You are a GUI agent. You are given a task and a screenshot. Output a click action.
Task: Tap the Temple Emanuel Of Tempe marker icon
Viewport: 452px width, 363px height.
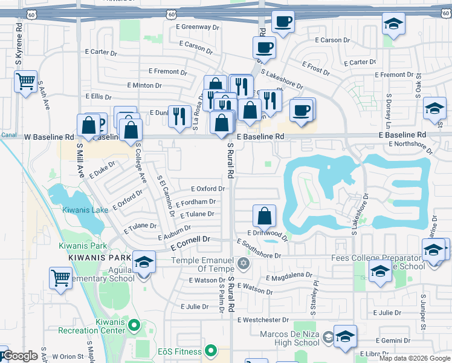click(x=244, y=263)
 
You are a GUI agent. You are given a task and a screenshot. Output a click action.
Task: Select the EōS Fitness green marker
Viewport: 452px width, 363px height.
click(x=210, y=350)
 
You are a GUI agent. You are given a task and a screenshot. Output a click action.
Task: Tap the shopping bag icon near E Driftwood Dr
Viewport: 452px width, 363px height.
click(x=264, y=215)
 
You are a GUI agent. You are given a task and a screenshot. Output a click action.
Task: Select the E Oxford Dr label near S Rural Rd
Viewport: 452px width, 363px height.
click(x=208, y=189)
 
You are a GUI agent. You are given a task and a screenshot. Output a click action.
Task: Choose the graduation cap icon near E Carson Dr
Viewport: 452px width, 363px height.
click(x=393, y=24)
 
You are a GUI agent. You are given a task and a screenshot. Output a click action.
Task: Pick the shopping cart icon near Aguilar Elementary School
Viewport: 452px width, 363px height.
click(x=61, y=279)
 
